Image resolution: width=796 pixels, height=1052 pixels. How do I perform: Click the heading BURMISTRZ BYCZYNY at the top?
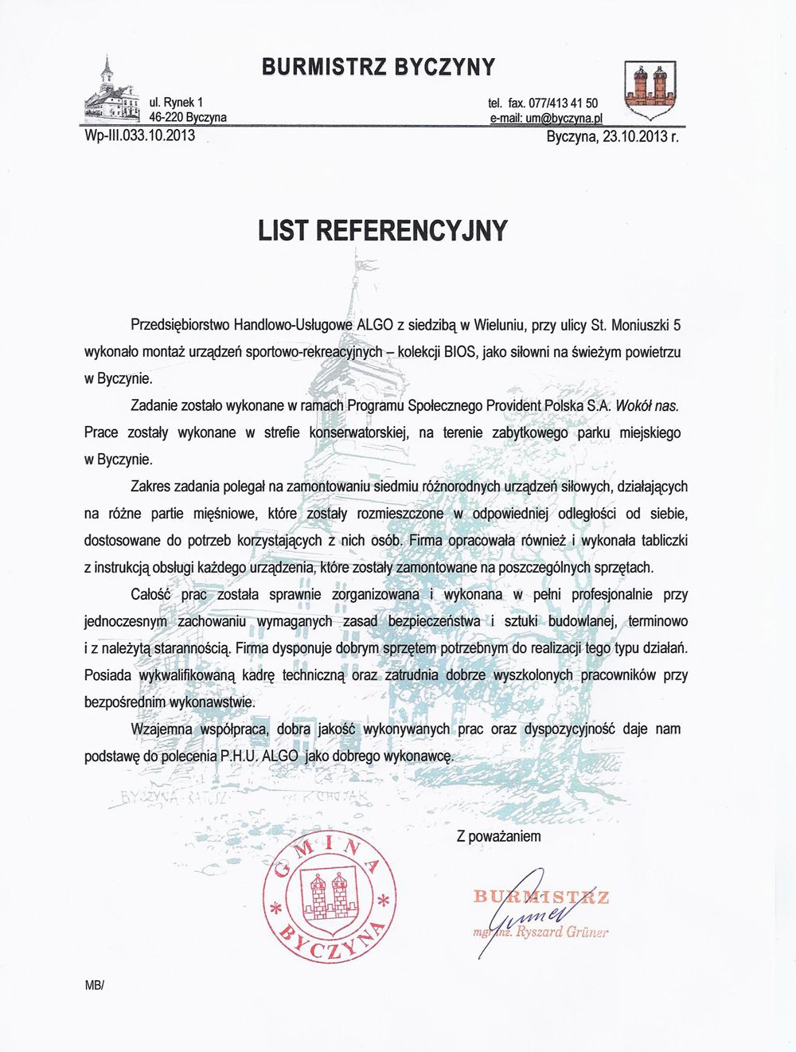coord(378,66)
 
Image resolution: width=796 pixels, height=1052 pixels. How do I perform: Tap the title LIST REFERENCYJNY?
coord(383,231)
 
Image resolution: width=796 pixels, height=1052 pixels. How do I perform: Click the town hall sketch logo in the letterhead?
coord(111,92)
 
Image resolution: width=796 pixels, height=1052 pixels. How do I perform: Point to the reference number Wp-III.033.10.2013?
coord(140,135)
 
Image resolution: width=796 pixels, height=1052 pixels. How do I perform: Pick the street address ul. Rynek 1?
coord(176,103)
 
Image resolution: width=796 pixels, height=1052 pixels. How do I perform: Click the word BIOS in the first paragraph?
coord(460,351)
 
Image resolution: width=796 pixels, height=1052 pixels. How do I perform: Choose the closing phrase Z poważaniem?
coord(498,836)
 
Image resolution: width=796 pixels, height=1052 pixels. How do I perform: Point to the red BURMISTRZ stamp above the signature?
coord(541,898)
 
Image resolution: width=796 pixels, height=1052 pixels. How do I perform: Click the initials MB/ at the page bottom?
coord(95,985)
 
